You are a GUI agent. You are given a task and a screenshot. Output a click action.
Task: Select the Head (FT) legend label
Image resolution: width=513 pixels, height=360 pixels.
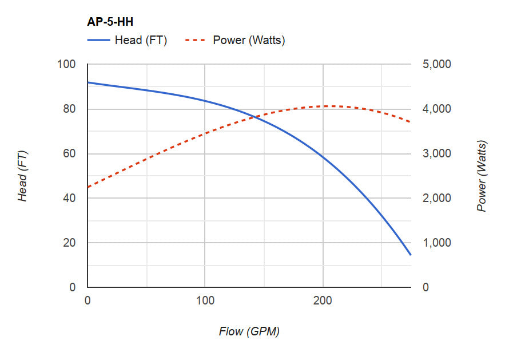point(141,40)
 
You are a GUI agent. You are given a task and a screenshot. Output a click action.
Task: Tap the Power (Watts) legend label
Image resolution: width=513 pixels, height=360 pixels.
point(249,40)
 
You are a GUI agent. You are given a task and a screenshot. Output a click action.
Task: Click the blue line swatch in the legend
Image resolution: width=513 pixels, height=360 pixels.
point(98,40)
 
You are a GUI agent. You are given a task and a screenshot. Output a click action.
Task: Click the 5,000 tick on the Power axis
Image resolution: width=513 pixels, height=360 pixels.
point(436,64)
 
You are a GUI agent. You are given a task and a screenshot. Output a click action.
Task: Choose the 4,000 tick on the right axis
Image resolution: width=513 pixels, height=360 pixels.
point(436,109)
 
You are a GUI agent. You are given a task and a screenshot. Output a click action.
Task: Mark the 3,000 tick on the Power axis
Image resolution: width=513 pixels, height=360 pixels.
point(436,153)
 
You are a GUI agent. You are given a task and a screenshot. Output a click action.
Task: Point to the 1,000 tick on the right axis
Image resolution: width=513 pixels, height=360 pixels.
point(436,243)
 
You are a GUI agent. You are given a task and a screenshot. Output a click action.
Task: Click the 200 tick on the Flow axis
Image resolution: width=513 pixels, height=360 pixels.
point(323,300)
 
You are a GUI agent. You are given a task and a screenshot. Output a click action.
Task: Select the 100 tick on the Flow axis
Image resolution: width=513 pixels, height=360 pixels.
point(205,300)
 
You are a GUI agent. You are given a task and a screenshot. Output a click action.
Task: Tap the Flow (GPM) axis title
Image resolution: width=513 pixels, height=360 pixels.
point(249,331)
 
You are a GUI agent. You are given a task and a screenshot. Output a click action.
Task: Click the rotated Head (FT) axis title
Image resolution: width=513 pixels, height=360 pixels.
point(23,176)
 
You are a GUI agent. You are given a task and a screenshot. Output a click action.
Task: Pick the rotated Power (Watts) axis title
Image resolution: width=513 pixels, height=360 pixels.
point(482,176)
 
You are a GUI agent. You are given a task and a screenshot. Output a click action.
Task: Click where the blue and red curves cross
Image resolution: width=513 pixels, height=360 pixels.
point(253,117)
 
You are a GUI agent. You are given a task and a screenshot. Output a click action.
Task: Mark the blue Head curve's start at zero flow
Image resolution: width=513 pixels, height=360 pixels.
point(88,82)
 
